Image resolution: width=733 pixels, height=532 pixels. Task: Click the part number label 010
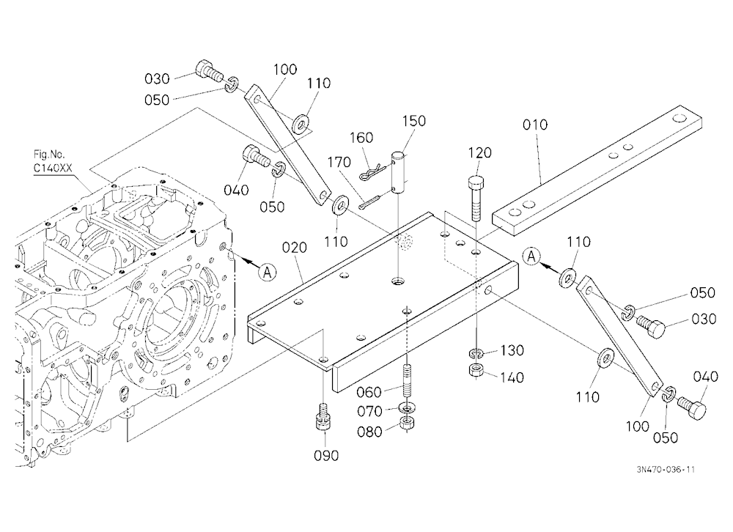click(x=535, y=125)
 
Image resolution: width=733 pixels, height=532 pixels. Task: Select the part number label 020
click(x=295, y=247)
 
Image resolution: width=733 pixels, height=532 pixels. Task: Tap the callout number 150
click(x=413, y=121)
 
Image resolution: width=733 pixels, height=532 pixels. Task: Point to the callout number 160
click(x=361, y=138)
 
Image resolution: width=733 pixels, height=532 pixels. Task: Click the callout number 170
click(x=339, y=162)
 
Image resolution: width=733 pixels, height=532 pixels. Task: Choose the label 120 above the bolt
click(x=479, y=153)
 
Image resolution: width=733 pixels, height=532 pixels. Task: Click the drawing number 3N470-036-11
click(x=666, y=470)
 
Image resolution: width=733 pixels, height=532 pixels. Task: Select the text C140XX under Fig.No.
click(x=53, y=168)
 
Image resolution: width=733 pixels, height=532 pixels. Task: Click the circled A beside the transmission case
click(x=268, y=272)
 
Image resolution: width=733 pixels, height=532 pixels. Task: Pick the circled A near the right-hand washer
click(x=531, y=256)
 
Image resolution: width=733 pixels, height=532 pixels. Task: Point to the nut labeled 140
click(x=476, y=372)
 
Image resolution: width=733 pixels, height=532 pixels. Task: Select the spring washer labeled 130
click(x=476, y=353)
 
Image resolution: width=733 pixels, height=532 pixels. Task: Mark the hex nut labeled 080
click(x=408, y=424)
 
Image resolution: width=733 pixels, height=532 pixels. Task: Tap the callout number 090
click(x=326, y=455)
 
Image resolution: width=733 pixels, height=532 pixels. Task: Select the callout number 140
click(x=512, y=377)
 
